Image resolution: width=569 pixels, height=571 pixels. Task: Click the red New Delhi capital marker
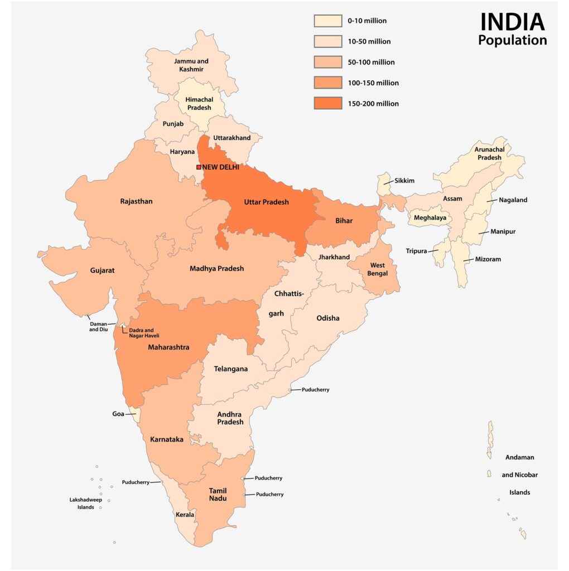[x=199, y=167]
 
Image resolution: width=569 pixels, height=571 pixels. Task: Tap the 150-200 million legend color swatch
[x=327, y=103]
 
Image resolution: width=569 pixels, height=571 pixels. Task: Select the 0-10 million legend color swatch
[x=327, y=21]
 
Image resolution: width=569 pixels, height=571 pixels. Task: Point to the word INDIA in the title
[x=512, y=22]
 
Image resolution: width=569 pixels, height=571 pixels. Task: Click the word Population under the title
[x=512, y=40]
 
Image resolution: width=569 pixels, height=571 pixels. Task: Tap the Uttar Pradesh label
[x=266, y=202]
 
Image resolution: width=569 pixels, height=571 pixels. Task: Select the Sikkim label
[x=404, y=181]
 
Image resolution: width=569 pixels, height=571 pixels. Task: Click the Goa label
[x=118, y=414]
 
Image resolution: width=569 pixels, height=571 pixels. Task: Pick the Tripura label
[x=416, y=251]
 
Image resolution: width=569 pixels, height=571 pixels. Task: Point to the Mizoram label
[x=488, y=259]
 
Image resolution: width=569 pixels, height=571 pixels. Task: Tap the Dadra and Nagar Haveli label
[x=144, y=333]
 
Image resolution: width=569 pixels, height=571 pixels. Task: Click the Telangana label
[x=231, y=369]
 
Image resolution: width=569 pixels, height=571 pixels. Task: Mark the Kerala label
[x=185, y=515]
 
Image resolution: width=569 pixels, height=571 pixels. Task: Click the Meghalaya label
[x=430, y=218]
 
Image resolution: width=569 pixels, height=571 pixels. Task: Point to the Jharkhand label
[x=334, y=257]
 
